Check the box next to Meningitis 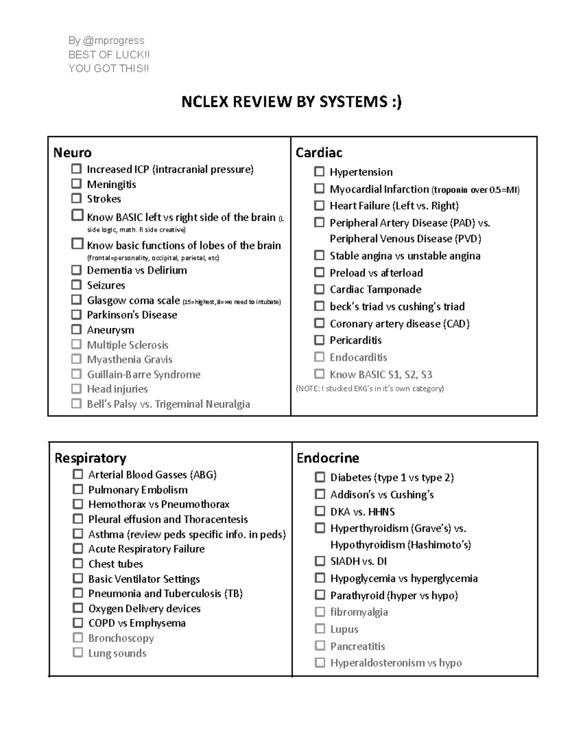(76, 184)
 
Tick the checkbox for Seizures (76, 284)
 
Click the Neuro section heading (72, 153)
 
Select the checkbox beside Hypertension (319, 172)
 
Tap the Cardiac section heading (319, 153)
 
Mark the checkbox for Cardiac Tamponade (319, 289)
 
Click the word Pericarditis (356, 340)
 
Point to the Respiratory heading (90, 458)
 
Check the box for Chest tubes (78, 563)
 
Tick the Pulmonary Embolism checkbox (78, 489)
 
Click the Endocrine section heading (328, 458)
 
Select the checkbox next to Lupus (320, 629)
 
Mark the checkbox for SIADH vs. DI (320, 561)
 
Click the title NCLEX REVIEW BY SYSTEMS (291, 102)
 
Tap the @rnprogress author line (106, 40)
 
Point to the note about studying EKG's (370, 388)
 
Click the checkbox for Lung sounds (78, 652)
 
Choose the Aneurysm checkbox (76, 329)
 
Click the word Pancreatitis (358, 646)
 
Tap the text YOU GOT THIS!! (109, 69)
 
